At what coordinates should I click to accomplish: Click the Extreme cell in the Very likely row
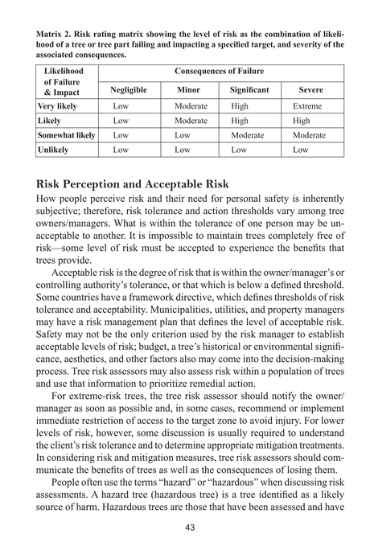pyautogui.click(x=307, y=106)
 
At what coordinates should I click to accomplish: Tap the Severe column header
pyautogui.click(x=311, y=89)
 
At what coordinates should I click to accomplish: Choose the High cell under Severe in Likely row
pyautogui.click(x=302, y=121)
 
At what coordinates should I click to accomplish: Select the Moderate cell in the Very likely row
pyautogui.click(x=191, y=106)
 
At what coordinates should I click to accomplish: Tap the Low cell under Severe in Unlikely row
pyautogui.click(x=301, y=150)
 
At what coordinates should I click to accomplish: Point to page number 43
pyautogui.click(x=186, y=527)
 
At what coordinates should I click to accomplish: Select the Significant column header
pyautogui.click(x=249, y=89)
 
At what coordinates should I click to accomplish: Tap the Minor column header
pyautogui.click(x=187, y=89)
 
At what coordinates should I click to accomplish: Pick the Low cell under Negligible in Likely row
pyautogui.click(x=121, y=121)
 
